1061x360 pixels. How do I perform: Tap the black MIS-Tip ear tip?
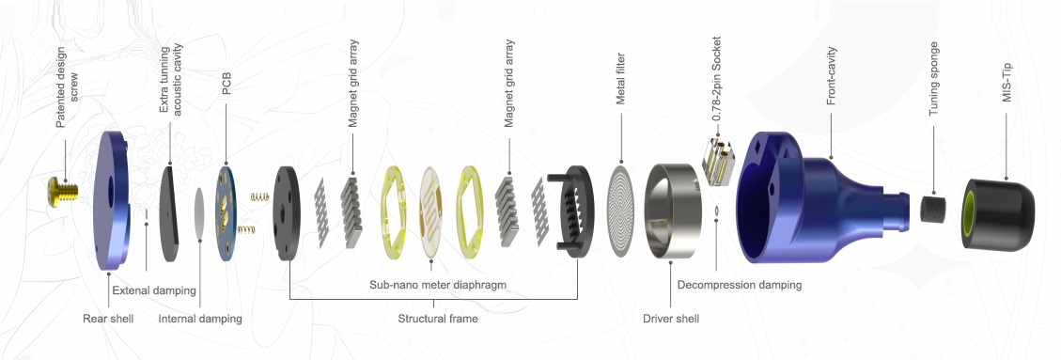(998, 213)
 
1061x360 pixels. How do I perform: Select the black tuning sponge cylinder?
(935, 207)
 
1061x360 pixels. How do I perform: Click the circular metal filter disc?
(621, 210)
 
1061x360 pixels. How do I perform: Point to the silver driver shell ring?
(670, 211)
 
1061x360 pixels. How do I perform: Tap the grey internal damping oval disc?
(199, 213)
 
